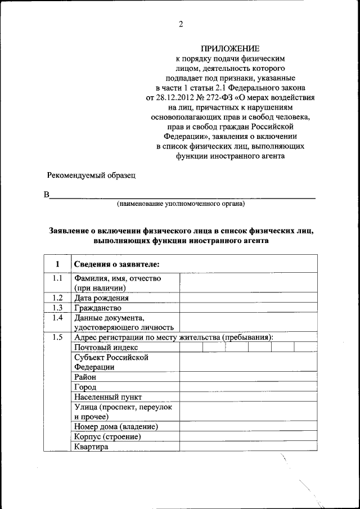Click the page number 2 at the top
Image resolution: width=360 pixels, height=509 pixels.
pyautogui.click(x=181, y=24)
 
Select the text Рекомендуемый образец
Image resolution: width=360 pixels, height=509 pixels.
pyautogui.click(x=91, y=175)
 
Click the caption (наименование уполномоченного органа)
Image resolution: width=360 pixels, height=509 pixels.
pyautogui.click(x=181, y=204)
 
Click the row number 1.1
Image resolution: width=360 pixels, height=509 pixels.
pyautogui.click(x=57, y=278)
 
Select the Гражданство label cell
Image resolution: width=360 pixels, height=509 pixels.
pyautogui.click(x=98, y=308)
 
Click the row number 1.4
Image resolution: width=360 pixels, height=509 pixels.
pyautogui.click(x=57, y=318)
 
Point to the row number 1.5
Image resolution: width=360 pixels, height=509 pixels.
pyautogui.click(x=57, y=337)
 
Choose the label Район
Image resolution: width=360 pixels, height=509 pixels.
pyautogui.click(x=85, y=377)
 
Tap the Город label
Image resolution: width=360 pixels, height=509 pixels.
pyautogui.click(x=85, y=387)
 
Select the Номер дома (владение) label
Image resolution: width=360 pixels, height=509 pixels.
pyautogui.click(x=116, y=427)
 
